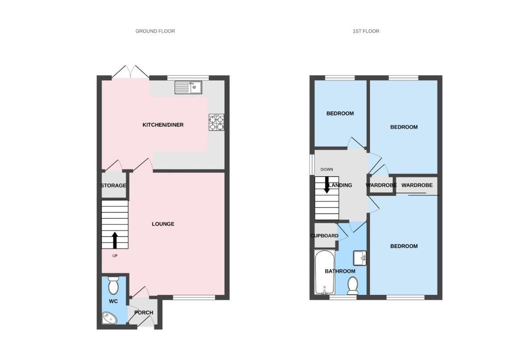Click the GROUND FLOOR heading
[x=155, y=31]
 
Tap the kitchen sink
[x=188, y=87]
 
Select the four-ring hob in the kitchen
[x=216, y=123]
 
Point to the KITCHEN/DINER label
[x=163, y=125]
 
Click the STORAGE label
[x=113, y=186]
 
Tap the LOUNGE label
[x=163, y=224]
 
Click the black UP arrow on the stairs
[x=115, y=240]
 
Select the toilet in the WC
[x=114, y=286]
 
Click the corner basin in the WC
[x=109, y=318]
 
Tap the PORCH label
[x=144, y=313]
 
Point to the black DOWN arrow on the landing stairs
[x=327, y=185]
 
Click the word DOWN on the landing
[x=327, y=170]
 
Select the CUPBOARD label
[x=324, y=236]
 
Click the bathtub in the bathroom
[x=324, y=272]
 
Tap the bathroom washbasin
[x=360, y=258]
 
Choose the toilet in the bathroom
[x=353, y=286]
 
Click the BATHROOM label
[x=340, y=271]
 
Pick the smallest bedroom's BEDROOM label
[x=340, y=113]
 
